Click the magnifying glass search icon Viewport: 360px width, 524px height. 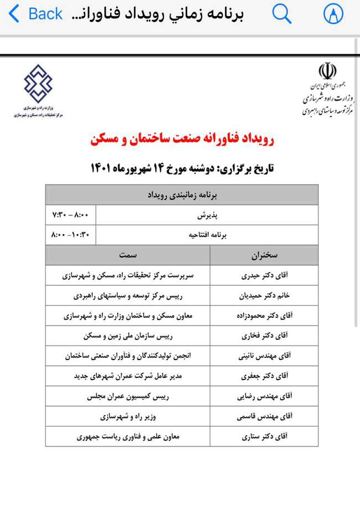pos(282,14)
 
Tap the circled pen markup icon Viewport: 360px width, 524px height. pos(333,14)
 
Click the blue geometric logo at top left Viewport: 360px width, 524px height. pos(38,84)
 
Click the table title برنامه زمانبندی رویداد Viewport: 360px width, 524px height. pos(183,195)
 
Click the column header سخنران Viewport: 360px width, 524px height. pos(264,255)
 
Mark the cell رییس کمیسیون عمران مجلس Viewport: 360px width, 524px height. pos(128,397)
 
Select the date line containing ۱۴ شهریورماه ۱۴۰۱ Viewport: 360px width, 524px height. pos(182,168)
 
